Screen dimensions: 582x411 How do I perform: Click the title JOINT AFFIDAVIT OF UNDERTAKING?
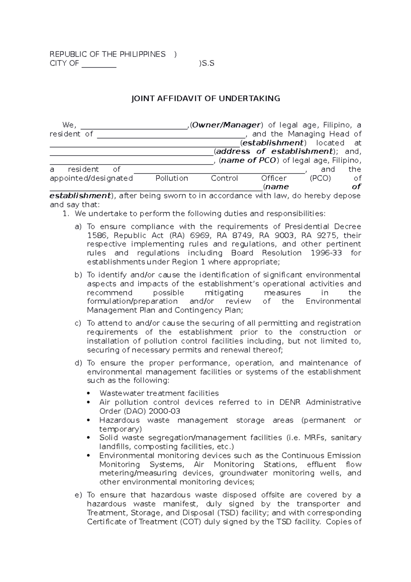[206, 99]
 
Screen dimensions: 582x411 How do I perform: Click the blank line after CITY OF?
[99, 64]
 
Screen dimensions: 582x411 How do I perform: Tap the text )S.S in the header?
[207, 63]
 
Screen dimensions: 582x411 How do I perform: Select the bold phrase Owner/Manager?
[226, 125]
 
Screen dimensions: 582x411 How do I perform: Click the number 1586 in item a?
[97, 235]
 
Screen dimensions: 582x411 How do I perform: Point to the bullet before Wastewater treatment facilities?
[89, 393]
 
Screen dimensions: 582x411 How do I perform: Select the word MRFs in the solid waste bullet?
[315, 438]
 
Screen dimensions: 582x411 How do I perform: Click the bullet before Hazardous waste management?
[89, 420]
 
